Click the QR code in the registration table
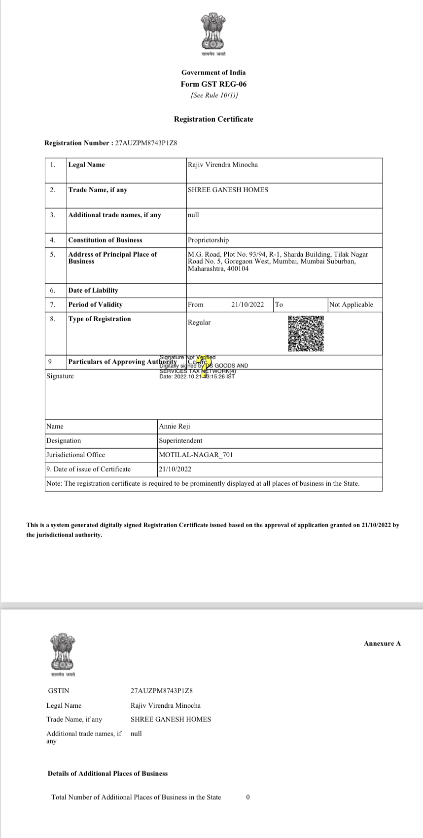[306, 334]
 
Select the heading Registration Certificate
[213, 119]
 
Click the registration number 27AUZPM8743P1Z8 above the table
[146, 143]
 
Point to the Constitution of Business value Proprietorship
[208, 240]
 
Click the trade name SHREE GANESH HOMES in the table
[228, 190]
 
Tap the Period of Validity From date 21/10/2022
[247, 305]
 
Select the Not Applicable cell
[351, 305]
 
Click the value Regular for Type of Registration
[199, 323]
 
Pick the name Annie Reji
[175, 427]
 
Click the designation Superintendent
[180, 441]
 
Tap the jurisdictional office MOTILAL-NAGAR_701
[196, 455]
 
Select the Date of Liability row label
[93, 291]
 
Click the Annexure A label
[382, 644]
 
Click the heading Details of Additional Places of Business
[107, 774]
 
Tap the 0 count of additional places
[247, 797]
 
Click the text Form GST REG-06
[213, 84]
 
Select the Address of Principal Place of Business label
[112, 258]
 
